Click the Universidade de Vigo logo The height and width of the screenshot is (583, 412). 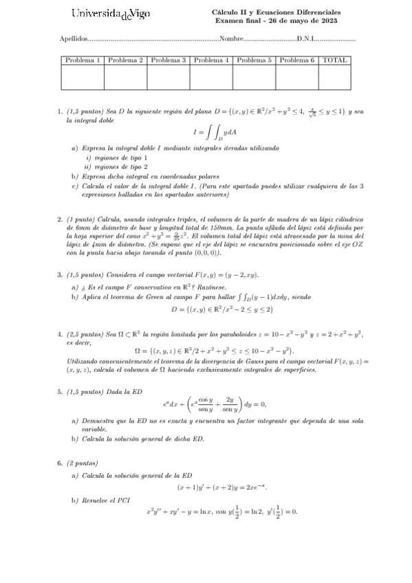coord(111,14)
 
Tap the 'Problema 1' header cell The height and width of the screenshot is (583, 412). coord(83,60)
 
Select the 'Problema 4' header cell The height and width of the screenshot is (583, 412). coord(211,60)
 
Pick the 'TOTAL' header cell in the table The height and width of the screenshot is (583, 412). coord(334,60)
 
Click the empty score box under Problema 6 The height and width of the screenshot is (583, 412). coord(297,77)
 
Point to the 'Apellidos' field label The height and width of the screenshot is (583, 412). coord(74,39)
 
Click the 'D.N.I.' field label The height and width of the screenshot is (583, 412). coord(306,39)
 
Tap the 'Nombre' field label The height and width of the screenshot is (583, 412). coord(232,39)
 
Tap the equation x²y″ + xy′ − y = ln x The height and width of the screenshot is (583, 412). coord(221,511)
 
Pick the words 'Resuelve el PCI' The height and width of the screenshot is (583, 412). coord(105,500)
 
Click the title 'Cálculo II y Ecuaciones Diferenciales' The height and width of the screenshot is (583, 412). coord(276,12)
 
